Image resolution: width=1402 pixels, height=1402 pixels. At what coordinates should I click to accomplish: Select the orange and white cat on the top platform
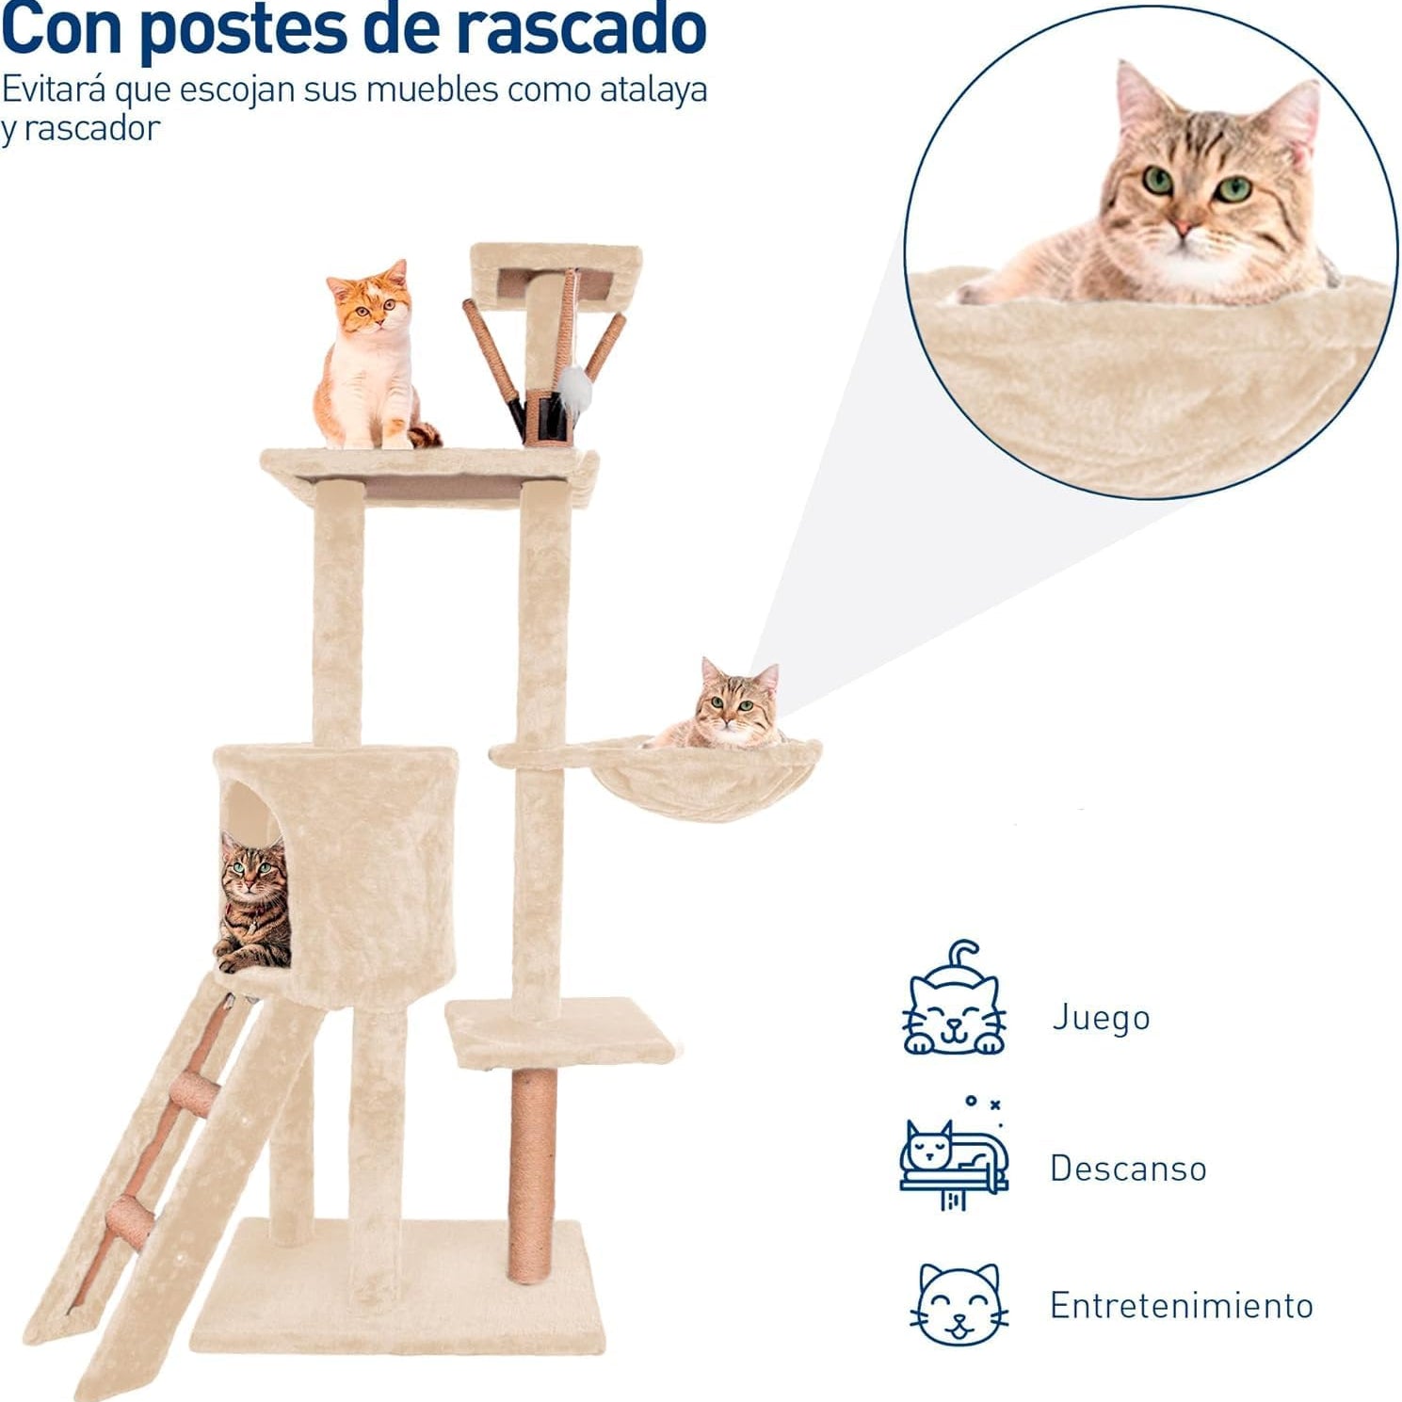(373, 356)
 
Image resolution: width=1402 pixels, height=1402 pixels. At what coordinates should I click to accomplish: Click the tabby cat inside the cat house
(253, 903)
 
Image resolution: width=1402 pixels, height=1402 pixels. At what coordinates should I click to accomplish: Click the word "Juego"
(1101, 1019)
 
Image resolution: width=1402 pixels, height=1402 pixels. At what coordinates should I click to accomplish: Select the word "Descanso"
(1128, 1168)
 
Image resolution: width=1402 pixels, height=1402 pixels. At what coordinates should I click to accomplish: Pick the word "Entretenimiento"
(1182, 1306)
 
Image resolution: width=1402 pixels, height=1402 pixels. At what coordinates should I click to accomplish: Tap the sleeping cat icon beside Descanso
(954, 1154)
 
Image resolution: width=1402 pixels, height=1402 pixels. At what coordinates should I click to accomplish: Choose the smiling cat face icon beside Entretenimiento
(959, 1305)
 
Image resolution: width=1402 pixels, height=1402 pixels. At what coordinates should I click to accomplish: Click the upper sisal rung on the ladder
(196, 1090)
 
